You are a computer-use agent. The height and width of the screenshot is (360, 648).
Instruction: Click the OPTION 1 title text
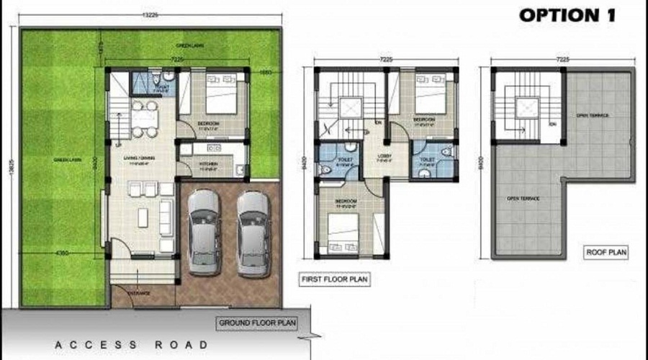coord(568,14)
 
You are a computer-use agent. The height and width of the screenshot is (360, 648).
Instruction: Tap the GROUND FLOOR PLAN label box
coord(261,322)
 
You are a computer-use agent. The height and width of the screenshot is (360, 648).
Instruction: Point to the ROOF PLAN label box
coord(606,252)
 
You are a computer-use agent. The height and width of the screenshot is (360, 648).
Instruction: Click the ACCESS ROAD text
coord(132,345)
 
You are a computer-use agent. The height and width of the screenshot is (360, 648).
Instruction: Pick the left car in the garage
coord(202,228)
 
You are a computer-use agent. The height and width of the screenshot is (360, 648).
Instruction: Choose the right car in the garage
coord(253,228)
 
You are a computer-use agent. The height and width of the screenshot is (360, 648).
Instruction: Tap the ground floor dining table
coord(143,118)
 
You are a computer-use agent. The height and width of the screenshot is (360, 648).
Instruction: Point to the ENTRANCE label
coord(139,294)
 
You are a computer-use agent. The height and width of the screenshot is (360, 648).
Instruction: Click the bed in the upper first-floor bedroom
coord(431,91)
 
